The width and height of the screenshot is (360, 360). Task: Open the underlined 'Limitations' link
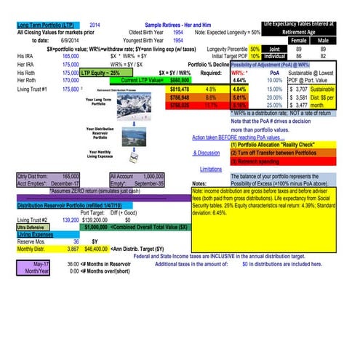(x=210, y=168)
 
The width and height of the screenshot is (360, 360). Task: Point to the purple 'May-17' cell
(x=35, y=263)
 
